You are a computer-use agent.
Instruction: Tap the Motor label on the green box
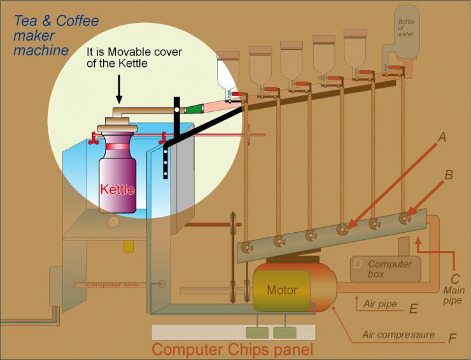(x=281, y=290)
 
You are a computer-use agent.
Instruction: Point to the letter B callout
(x=448, y=174)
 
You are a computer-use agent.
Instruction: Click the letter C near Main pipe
(x=454, y=278)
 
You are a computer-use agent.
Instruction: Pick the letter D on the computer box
(x=358, y=263)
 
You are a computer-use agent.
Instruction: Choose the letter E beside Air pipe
(x=413, y=309)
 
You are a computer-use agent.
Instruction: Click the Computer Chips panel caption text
(x=232, y=349)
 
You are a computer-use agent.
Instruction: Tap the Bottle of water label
(x=405, y=28)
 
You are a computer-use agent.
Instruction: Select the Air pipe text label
(x=380, y=304)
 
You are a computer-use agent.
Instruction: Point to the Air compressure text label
(x=398, y=335)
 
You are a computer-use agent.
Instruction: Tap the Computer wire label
(x=113, y=284)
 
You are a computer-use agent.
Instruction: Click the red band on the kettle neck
(x=117, y=147)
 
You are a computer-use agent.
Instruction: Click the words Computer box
(x=390, y=268)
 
